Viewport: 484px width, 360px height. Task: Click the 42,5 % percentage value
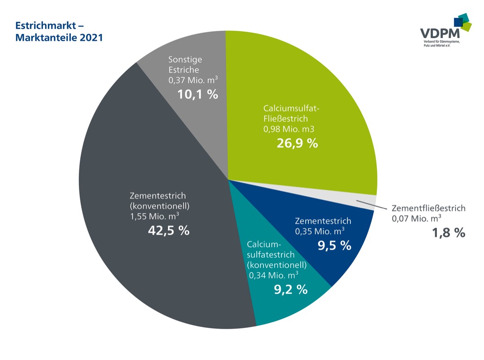click(169, 231)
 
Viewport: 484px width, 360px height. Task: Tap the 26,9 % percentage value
click(297, 143)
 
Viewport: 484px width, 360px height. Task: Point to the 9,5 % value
click(334, 245)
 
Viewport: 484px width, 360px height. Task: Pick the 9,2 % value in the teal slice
click(290, 289)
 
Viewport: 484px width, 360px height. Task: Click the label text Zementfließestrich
click(428, 208)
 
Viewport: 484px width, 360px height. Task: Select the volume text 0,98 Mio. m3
click(289, 130)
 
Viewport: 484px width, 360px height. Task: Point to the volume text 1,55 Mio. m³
click(155, 217)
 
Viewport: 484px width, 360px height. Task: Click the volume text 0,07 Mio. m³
click(416, 219)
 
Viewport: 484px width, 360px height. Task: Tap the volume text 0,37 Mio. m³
click(193, 80)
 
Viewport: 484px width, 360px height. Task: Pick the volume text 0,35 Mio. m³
click(320, 231)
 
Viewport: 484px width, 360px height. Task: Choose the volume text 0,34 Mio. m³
click(274, 274)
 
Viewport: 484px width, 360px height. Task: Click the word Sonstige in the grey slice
click(185, 60)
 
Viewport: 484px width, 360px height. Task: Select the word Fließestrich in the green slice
click(285, 119)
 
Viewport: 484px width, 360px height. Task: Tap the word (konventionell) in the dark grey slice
click(160, 206)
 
